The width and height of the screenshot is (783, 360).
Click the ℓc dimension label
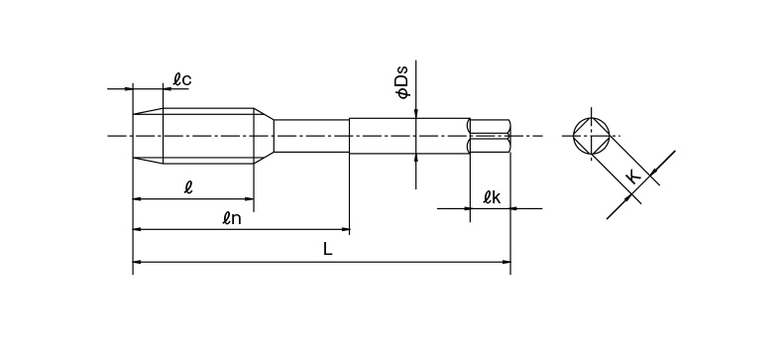[182, 79]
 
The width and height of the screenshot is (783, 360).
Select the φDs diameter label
[402, 82]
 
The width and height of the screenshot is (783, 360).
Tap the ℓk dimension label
[492, 197]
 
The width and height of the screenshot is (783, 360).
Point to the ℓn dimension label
[232, 218]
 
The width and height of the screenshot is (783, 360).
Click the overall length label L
[327, 249]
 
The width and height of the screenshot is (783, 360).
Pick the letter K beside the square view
[633, 177]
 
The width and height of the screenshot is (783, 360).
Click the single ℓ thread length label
[188, 187]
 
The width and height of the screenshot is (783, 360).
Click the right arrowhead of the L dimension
[506, 262]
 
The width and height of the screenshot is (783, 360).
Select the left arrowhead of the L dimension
[138, 262]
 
